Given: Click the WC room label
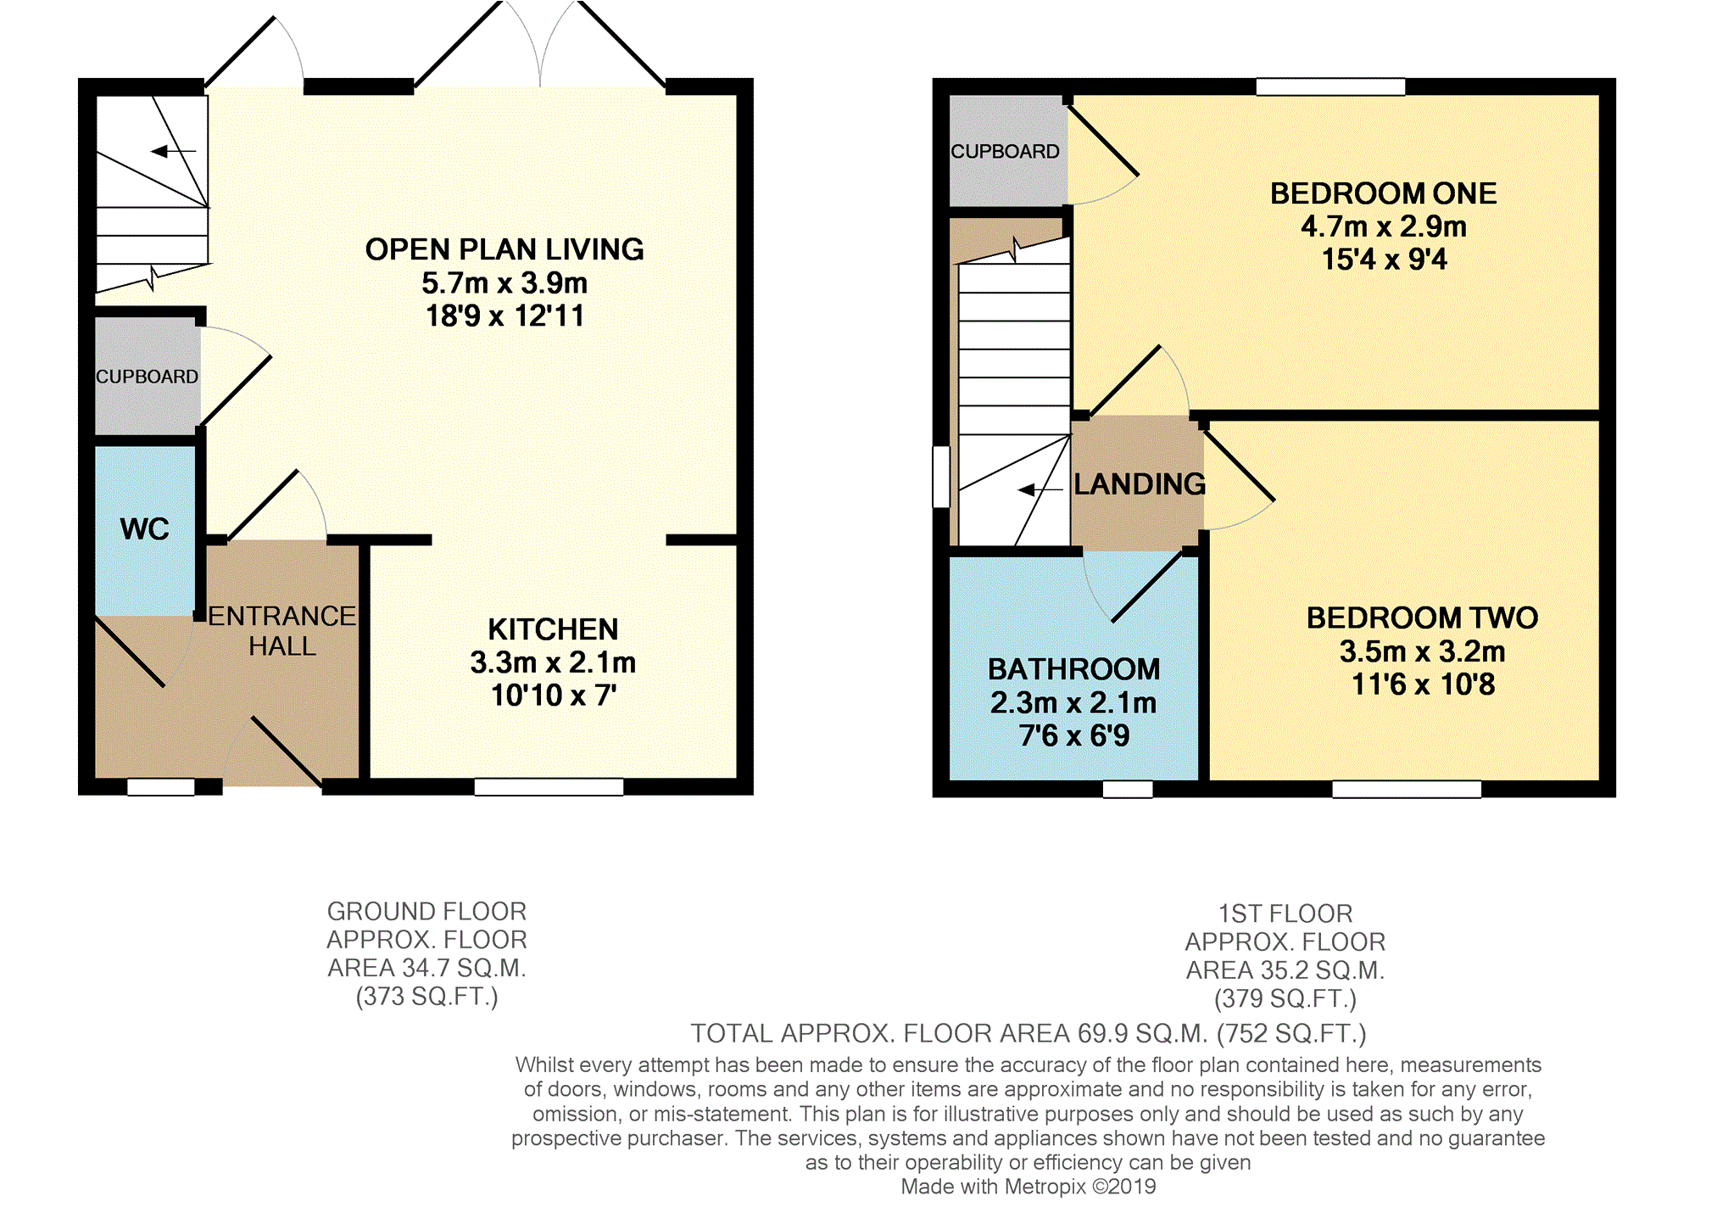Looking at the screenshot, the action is click(145, 529).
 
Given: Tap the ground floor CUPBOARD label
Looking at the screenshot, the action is click(147, 377).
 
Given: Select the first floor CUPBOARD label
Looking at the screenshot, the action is click(1005, 151).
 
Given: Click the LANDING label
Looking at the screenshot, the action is click(1139, 484).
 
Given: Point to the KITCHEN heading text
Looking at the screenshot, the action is click(553, 629).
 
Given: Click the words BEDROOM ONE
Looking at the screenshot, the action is click(1383, 193).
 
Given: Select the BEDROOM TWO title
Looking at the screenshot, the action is click(1422, 617).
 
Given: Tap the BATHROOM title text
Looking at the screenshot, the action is click(1073, 669).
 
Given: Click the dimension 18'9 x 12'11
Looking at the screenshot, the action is click(505, 316).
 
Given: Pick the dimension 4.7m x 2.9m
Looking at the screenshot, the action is click(1384, 226).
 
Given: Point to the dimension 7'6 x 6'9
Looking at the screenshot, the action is click(1073, 735).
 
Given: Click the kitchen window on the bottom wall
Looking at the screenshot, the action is click(549, 787).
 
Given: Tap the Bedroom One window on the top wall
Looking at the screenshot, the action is click(1330, 87).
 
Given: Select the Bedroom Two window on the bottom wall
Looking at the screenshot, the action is click(1407, 789).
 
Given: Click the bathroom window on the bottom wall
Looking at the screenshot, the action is click(1128, 789).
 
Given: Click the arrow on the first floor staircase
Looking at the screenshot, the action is click(1040, 489).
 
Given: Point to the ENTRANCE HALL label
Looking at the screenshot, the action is click(282, 630).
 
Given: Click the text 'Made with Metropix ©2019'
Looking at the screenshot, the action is click(1028, 1187).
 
